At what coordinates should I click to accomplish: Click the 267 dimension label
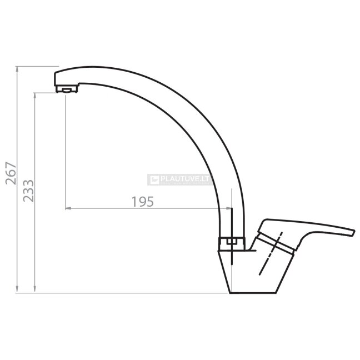11,173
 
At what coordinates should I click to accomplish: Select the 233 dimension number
28,191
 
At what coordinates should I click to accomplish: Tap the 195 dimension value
143,202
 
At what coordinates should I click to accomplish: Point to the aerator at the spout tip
67,89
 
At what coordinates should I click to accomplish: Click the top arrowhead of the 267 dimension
17,69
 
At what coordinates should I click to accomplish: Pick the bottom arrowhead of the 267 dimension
17,290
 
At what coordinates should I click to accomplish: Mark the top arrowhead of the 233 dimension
34,96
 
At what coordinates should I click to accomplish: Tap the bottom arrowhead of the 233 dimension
34,290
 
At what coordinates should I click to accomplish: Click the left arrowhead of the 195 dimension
68,208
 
